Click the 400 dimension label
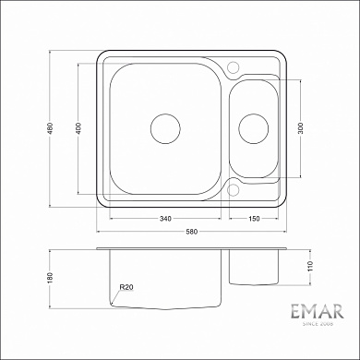pos(80,129)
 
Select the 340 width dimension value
pos(164,218)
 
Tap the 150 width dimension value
pos(253,218)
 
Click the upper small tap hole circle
pos(233,66)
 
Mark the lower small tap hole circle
pos(233,191)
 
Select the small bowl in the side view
pos(253,267)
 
